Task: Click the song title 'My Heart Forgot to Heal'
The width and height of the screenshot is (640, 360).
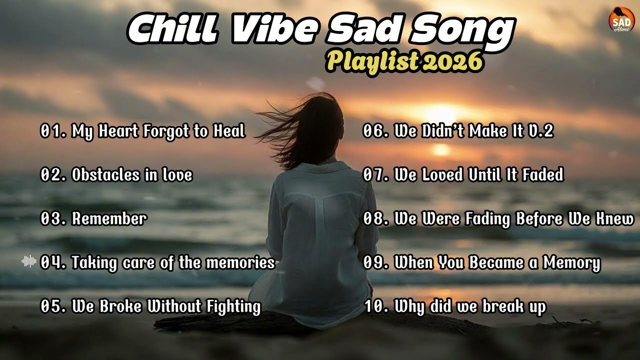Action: (158, 131)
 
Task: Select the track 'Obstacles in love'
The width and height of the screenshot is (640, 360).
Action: (132, 175)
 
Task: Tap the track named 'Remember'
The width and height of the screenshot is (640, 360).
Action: (109, 219)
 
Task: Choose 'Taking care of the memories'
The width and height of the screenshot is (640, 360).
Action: (173, 262)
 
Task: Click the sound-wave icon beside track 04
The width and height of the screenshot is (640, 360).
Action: (29, 261)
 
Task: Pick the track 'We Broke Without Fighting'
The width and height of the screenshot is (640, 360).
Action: (166, 306)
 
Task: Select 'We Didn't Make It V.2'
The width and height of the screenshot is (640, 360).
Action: (474, 131)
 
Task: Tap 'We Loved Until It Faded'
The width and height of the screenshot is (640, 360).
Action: (479, 175)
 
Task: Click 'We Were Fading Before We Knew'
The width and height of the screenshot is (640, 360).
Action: (514, 219)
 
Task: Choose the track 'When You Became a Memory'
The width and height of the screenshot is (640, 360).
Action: (497, 262)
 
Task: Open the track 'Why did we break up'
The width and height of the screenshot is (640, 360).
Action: (470, 306)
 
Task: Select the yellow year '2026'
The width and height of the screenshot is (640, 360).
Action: (452, 61)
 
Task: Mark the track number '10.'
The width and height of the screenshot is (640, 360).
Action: (376, 306)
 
